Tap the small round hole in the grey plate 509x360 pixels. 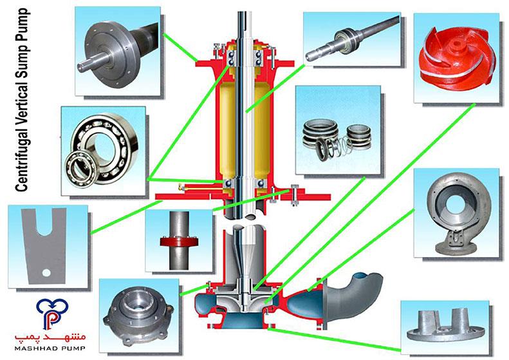46,272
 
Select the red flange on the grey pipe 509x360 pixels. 179,242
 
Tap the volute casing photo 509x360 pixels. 457,213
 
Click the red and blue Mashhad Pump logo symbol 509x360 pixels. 52,313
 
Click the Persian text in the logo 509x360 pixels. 51,337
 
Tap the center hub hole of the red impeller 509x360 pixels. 459,43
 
